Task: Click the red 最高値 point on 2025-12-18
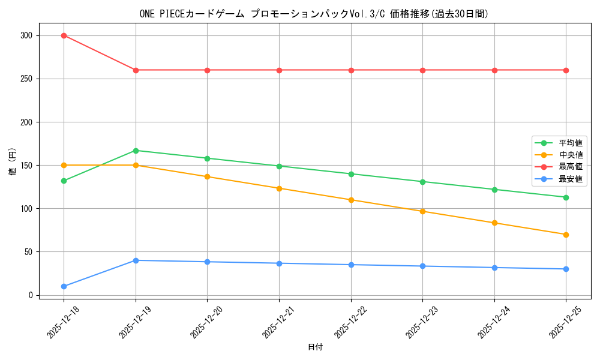point(64,35)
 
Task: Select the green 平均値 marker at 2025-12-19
point(136,151)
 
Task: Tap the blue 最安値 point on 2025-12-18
point(64,286)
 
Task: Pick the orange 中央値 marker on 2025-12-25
point(566,235)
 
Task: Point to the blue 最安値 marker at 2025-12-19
point(136,260)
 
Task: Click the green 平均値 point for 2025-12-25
point(566,197)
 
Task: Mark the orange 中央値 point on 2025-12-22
point(351,200)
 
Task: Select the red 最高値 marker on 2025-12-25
point(566,70)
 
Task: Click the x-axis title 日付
point(315,347)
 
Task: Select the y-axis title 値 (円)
point(12,162)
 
